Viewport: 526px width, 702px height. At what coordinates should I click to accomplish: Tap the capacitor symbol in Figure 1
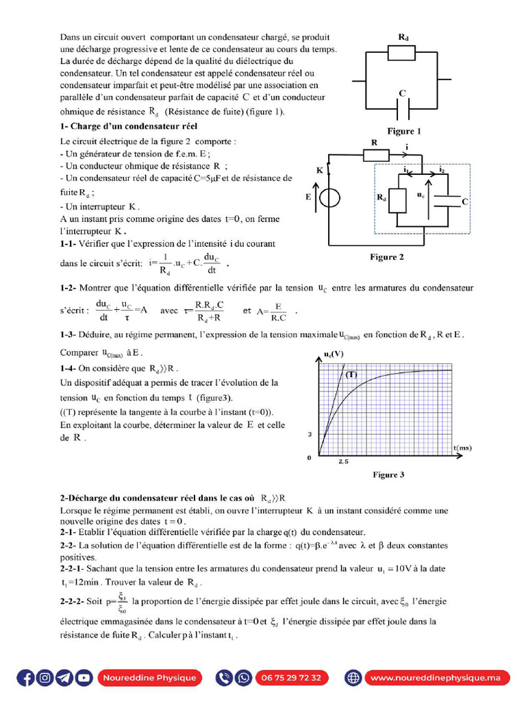(x=402, y=108)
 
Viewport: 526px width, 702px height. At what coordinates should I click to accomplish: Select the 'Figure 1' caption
(x=404, y=131)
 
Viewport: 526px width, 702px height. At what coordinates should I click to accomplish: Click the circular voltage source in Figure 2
(x=329, y=197)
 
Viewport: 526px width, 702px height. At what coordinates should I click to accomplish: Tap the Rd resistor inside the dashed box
(x=397, y=198)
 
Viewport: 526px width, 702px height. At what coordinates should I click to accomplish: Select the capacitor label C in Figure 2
(x=465, y=202)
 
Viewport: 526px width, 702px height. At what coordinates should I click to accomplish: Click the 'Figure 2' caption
(x=387, y=257)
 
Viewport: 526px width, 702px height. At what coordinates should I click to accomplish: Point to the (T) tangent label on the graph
(x=351, y=375)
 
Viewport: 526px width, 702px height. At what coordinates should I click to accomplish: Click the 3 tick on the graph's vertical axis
(x=310, y=435)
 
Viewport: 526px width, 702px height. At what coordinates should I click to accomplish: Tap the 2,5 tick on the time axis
(x=343, y=462)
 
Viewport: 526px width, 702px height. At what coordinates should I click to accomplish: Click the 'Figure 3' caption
(x=388, y=474)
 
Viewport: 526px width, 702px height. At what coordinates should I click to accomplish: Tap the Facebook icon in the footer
(x=26, y=678)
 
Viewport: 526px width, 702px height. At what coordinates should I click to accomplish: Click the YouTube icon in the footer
(x=84, y=678)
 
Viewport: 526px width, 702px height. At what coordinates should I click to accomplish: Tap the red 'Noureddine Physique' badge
(x=149, y=678)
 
